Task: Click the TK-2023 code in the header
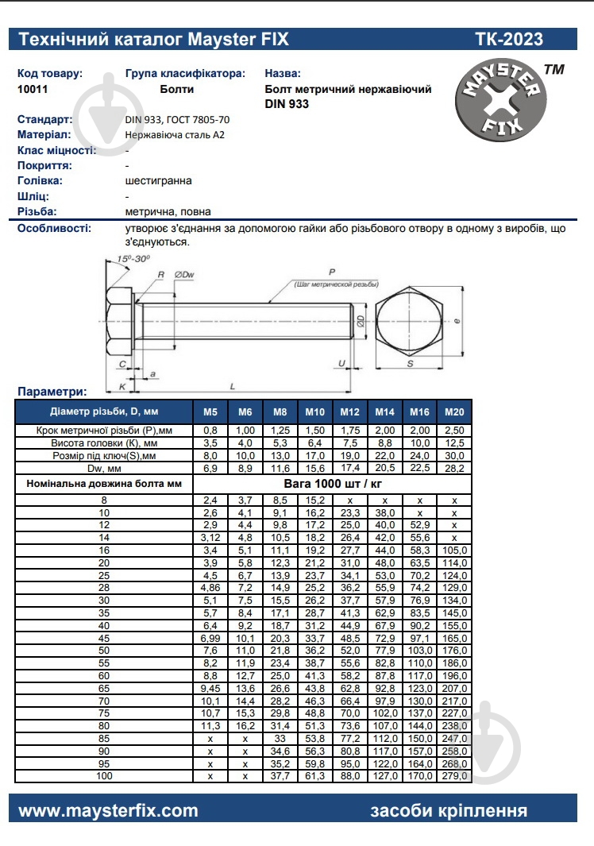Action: tap(509, 39)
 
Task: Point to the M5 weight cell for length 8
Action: tap(210, 500)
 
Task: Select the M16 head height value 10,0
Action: tap(419, 442)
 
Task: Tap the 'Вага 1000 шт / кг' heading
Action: tap(333, 483)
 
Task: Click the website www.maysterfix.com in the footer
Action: tap(108, 810)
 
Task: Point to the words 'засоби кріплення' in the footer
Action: tap(448, 810)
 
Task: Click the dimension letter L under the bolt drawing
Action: tap(232, 385)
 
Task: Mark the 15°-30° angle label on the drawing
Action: tap(133, 260)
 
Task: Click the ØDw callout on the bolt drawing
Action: tap(183, 275)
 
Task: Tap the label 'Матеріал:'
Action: tap(46, 134)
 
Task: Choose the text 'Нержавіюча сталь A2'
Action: tap(175, 135)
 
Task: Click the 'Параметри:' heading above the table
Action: tap(52, 392)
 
